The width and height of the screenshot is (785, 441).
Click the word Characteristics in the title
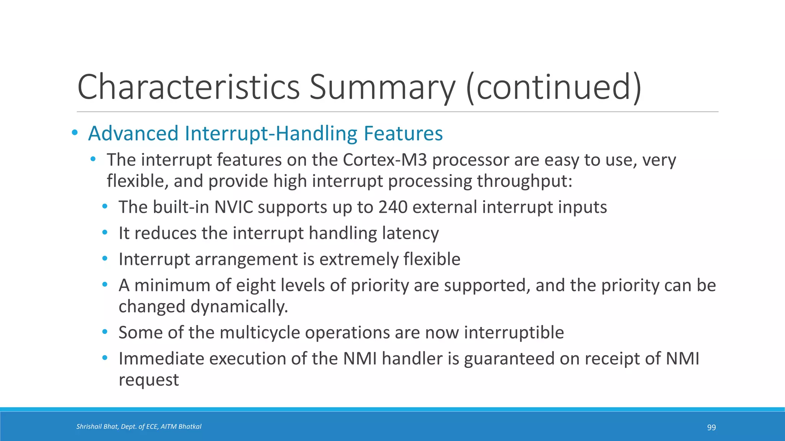click(188, 87)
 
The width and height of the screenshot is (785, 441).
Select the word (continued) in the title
click(553, 87)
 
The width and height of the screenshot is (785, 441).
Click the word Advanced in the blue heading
click(133, 134)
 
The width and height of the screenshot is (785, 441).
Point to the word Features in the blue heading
click(403, 134)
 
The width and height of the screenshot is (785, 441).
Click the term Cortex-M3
click(384, 160)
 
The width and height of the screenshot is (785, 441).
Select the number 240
click(393, 207)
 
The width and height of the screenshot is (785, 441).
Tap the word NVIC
click(234, 207)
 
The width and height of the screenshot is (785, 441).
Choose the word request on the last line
click(149, 380)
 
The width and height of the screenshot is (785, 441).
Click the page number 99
click(711, 428)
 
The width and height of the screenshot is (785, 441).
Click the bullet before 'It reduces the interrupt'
click(105, 233)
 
